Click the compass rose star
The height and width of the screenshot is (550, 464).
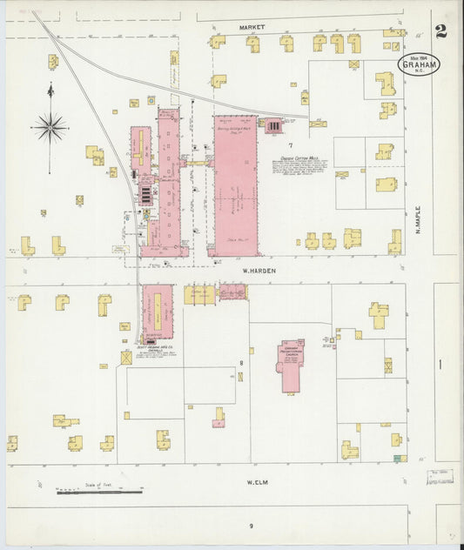pos(50,128)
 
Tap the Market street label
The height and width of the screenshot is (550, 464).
pos(252,27)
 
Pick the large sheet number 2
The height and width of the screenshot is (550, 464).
pos(441,32)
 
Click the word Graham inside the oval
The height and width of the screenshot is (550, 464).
pos(420,64)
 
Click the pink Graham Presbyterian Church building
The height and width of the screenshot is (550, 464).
pos(291,367)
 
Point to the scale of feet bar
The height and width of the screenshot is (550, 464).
pos(99,493)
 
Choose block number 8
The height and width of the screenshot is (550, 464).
pos(241,361)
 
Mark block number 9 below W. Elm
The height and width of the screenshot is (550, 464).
pos(251,526)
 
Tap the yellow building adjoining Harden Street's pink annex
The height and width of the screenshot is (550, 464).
pos(199,294)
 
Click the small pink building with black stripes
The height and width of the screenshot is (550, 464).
pos(273,126)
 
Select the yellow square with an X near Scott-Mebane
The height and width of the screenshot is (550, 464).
pos(127,357)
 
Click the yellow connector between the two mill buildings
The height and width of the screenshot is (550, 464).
pos(198,162)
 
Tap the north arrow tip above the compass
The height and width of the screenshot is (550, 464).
pos(50,85)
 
